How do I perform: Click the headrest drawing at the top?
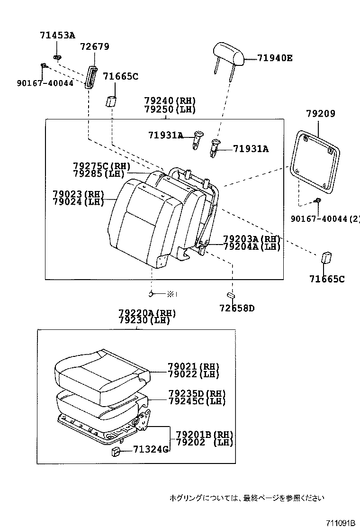(228, 53)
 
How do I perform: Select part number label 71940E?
(275, 58)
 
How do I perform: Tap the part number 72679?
(95, 46)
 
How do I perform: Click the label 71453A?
(57, 35)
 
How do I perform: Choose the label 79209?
(320, 114)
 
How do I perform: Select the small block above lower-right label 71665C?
(326, 258)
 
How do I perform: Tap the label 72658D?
(237, 309)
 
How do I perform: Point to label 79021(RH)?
(194, 367)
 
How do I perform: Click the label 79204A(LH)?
(252, 246)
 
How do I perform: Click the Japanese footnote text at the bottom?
(247, 498)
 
